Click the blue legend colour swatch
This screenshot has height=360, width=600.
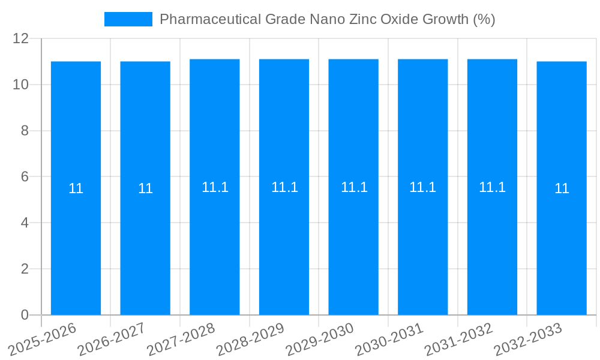click(x=128, y=19)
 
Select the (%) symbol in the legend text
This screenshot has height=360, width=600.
click(x=484, y=19)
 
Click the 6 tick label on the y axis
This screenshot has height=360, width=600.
click(x=25, y=176)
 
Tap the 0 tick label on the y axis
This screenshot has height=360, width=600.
click(x=25, y=315)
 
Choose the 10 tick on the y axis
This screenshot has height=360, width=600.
click(x=21, y=85)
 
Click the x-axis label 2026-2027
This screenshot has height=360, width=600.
click(x=111, y=339)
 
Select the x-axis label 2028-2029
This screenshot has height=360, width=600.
click(x=250, y=339)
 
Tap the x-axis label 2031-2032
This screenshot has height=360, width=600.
click(x=458, y=339)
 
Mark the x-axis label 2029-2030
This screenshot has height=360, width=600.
click(x=319, y=339)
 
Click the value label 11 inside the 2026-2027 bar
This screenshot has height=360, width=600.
click(x=145, y=188)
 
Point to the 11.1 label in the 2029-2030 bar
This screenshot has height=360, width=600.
click(x=354, y=187)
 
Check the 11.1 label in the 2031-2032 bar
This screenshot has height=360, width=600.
click(x=492, y=187)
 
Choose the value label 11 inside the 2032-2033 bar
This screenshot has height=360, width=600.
click(x=562, y=188)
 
